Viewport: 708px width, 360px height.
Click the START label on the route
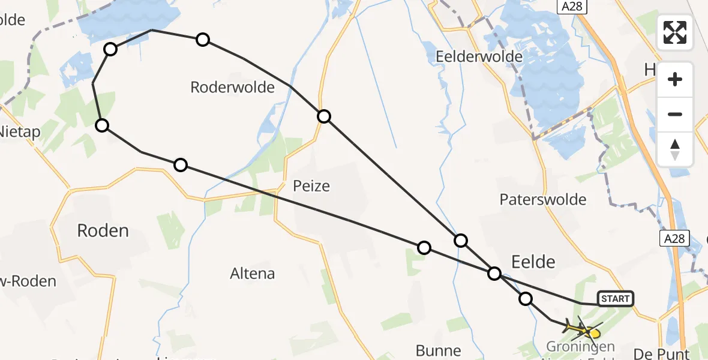tap(615, 299)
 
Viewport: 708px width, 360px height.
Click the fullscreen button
tap(675, 32)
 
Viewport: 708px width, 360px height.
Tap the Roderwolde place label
tap(232, 88)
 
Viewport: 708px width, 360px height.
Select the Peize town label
tap(311, 186)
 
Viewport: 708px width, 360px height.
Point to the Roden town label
tap(103, 230)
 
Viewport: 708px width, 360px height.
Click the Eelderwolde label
tap(479, 57)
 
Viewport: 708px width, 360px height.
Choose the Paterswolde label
tap(543, 200)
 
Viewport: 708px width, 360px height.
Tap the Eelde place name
tap(533, 261)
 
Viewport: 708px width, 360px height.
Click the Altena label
tap(253, 274)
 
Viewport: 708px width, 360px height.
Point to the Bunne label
tap(440, 350)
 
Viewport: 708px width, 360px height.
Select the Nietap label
tap(19, 131)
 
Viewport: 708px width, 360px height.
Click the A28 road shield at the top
tap(572, 7)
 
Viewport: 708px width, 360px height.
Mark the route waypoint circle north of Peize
tap(324, 116)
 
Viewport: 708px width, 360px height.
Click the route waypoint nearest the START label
tap(526, 299)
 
